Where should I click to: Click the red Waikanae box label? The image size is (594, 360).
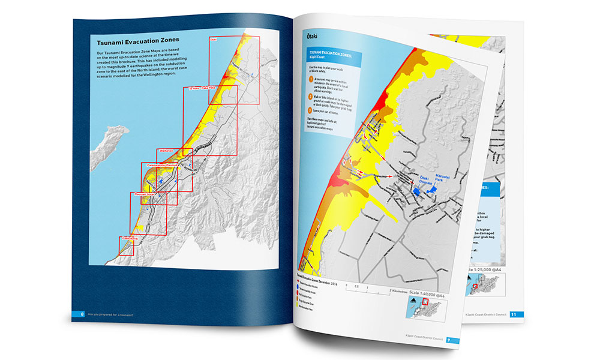(165, 151)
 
